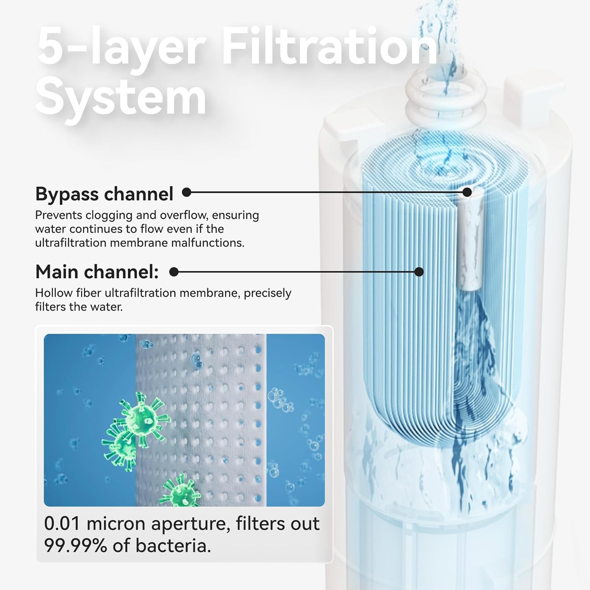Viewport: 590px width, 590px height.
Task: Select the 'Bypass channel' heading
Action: click(x=104, y=194)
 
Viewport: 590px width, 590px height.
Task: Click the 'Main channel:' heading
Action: click(x=97, y=272)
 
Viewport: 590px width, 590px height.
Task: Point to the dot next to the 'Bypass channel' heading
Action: click(x=187, y=192)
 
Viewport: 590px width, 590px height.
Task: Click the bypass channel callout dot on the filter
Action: click(x=467, y=192)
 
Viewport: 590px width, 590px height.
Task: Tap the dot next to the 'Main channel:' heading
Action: click(x=174, y=272)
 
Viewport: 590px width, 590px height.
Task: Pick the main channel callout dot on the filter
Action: click(x=419, y=272)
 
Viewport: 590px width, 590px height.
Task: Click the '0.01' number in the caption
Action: click(x=62, y=524)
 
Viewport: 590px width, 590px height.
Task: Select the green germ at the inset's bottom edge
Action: click(x=180, y=492)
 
